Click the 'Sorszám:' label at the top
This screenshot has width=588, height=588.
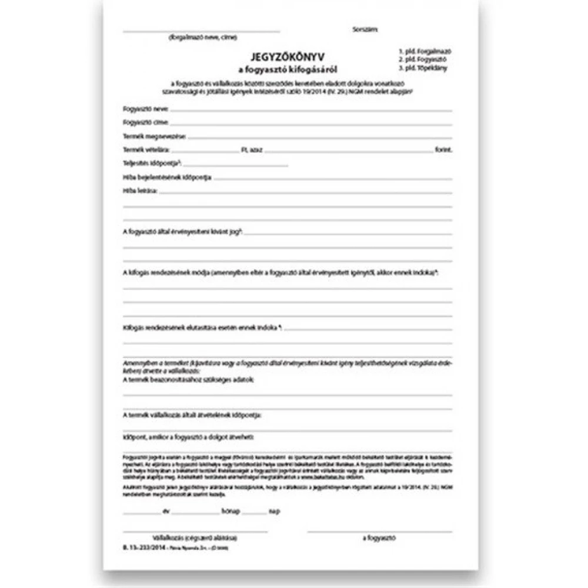(x=365, y=29)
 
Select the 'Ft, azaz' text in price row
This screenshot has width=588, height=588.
(x=251, y=151)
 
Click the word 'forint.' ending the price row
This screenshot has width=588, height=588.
(x=444, y=151)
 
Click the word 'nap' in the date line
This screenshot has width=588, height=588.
(x=274, y=512)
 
